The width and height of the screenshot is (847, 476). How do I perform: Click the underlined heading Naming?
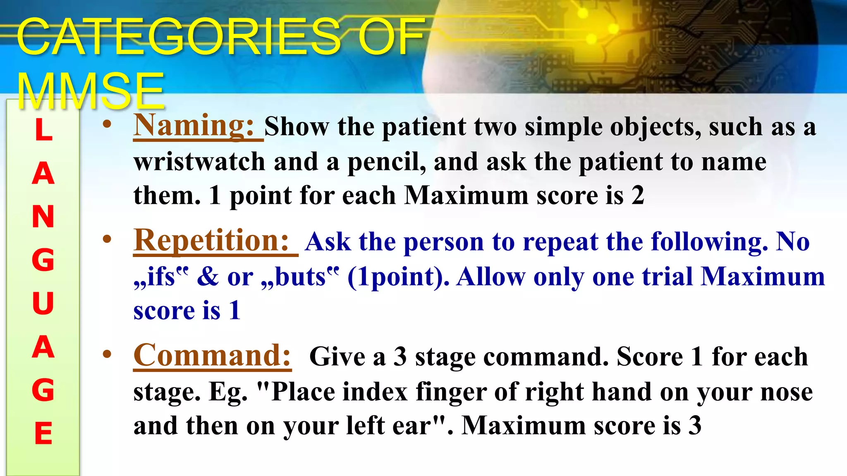coord(194,126)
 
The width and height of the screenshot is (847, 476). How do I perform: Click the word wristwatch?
coord(199,162)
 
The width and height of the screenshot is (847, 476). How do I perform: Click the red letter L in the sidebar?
coord(43,130)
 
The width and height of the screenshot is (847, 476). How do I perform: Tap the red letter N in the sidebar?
coord(43,217)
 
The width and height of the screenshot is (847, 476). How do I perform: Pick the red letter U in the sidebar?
coord(43,304)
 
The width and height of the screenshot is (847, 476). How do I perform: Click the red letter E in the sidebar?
coord(43,433)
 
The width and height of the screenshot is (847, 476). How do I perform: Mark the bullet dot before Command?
coord(107,354)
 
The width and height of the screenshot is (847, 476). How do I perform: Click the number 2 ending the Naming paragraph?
coord(638,195)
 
